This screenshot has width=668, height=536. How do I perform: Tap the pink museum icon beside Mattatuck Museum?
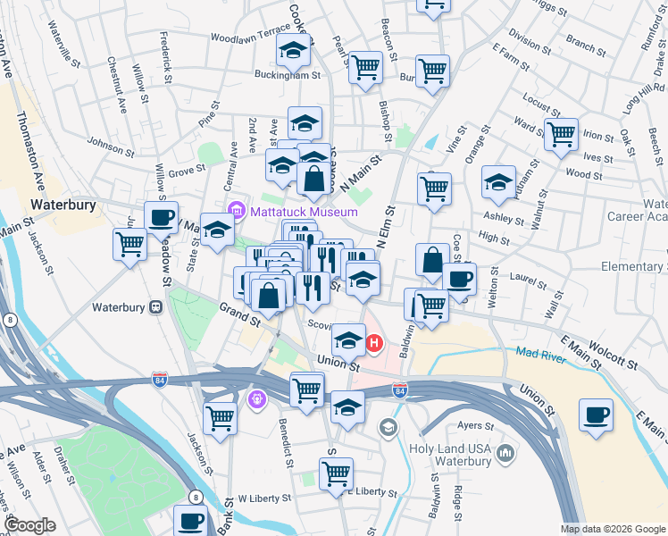pos(237,212)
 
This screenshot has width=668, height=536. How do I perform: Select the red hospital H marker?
pos(375,341)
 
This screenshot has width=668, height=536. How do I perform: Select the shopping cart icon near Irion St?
pos(561,135)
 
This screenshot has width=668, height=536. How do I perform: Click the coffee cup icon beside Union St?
pos(596,415)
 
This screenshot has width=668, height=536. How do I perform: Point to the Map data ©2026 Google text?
pos(613,529)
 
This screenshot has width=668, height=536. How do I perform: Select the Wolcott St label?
pos(605,355)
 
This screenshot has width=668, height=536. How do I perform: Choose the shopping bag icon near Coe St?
pos(432,261)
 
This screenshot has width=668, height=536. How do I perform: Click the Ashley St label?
pos(503,218)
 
